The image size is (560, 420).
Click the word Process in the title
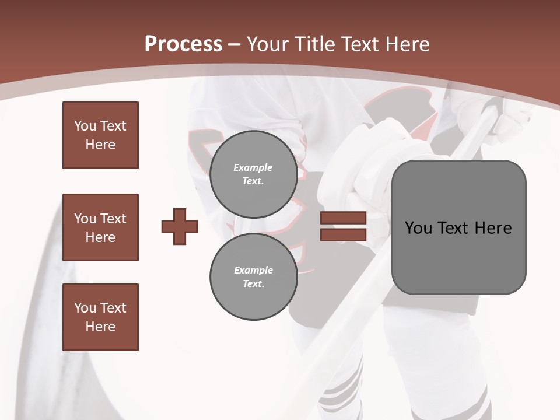[183, 44]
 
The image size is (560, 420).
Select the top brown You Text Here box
[100, 135]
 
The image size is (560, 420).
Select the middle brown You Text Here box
[100, 228]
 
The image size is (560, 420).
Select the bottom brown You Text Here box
[100, 317]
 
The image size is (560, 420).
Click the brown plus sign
[180, 226]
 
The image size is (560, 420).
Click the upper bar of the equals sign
[343, 218]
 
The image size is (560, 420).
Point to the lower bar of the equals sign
[343, 235]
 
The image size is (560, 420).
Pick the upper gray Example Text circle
[253, 174]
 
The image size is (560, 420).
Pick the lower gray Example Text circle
[253, 277]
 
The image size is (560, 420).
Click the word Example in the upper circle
[253, 167]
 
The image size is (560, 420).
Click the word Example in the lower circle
[253, 270]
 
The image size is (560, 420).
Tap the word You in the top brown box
[85, 126]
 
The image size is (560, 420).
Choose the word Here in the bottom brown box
[100, 327]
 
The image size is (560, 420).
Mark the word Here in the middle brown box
[100, 237]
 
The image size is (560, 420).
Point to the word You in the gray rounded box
[418, 228]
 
